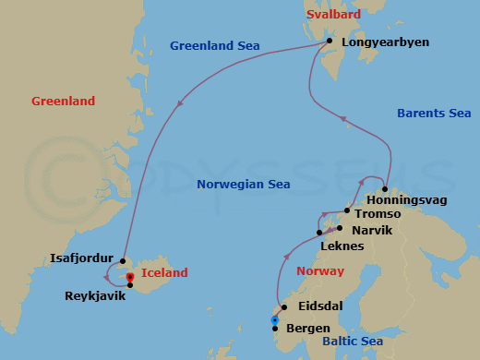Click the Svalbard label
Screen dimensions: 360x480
331,16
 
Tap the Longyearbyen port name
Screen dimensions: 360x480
378,42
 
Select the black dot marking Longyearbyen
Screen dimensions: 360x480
330,42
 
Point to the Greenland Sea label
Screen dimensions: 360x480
215,45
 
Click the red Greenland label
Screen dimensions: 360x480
64,101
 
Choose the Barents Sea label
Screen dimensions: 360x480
433,114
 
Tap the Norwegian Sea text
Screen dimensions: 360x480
244,185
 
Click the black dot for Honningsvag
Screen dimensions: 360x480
384,189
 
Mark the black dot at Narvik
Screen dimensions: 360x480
341,228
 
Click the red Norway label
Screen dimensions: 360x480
319,271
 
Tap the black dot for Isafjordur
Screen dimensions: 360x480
123,261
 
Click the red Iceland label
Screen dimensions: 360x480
165,273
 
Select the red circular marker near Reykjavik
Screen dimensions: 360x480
130,277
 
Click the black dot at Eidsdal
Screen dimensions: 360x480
284,307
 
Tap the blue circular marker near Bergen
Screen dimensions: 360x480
274,320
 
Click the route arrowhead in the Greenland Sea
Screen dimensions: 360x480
177,102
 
